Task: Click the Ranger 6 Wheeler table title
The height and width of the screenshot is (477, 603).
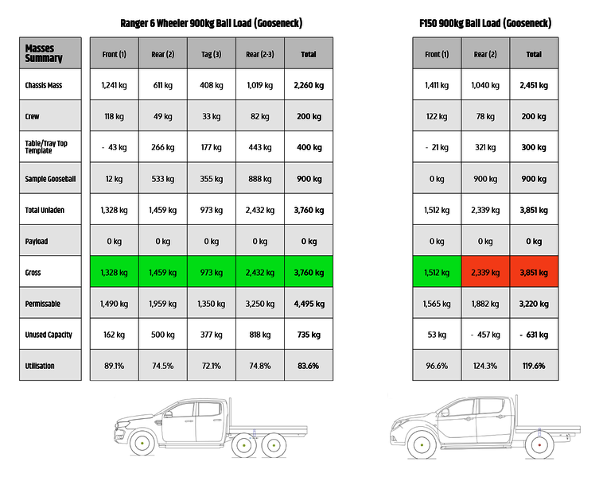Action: point(211,23)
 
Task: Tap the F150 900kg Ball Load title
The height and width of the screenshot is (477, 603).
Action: point(485,23)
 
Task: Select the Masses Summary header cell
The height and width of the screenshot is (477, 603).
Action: point(50,53)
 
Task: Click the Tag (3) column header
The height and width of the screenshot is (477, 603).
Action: point(212,54)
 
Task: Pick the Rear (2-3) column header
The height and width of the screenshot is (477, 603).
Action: point(260,54)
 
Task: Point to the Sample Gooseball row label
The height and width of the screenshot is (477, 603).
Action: point(50,179)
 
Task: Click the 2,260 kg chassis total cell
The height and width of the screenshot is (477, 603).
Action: point(309,85)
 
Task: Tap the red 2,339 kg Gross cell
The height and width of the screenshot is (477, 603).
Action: point(485,273)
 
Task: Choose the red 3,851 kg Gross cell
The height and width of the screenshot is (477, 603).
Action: point(534,273)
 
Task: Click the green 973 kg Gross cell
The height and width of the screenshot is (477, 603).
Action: point(212,273)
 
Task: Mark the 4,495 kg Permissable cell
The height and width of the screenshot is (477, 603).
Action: point(309,304)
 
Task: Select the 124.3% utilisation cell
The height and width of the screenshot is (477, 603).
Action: point(485,366)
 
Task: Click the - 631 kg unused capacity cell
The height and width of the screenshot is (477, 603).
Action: point(534,335)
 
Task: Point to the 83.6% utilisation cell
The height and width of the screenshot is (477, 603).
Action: point(309,366)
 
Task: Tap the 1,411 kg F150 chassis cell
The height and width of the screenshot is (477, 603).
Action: point(437,85)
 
